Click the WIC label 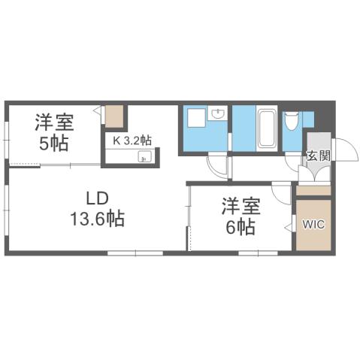pos(313,223)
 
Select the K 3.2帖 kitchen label pos(132,140)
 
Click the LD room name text pos(97,198)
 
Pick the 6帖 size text pos(237,225)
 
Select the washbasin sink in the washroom pos(219,113)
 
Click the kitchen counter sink pos(145,157)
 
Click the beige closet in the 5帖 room pos(114,116)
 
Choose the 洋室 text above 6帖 pos(237,204)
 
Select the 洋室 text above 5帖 pos(54,122)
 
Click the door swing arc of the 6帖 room pos(280,195)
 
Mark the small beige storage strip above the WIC pos(313,190)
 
